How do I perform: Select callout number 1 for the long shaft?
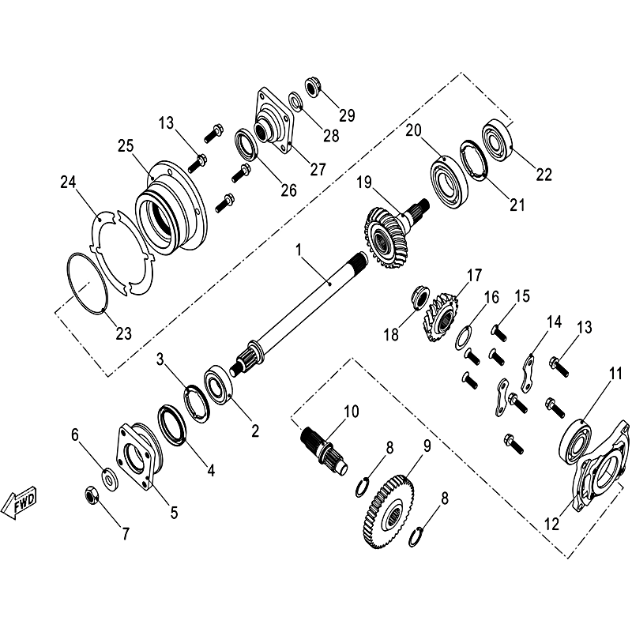(299, 250)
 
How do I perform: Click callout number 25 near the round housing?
(126, 146)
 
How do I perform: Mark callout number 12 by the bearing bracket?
(551, 524)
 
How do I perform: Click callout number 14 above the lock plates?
(554, 322)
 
